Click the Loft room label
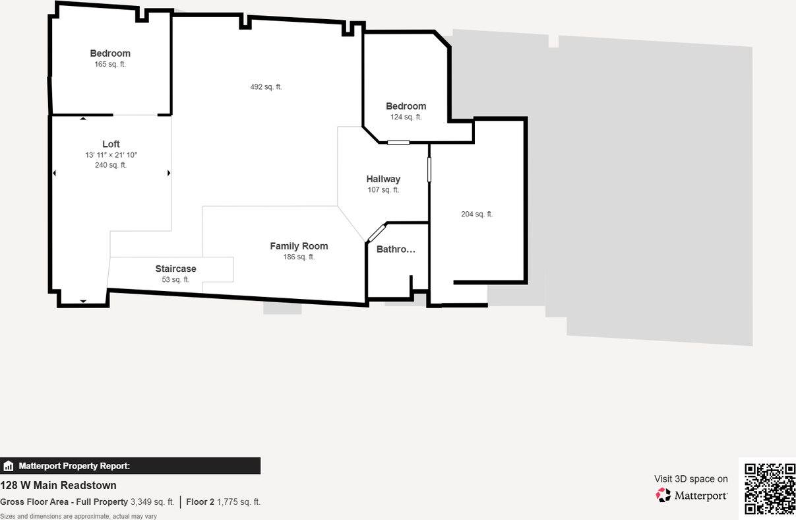(111, 145)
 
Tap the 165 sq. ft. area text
(110, 65)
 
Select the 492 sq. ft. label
(266, 87)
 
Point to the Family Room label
(299, 246)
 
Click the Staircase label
(175, 269)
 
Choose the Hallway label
(383, 179)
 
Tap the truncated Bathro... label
(396, 249)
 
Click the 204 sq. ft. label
(477, 214)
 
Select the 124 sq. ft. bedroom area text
(406, 117)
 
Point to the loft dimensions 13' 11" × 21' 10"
(111, 155)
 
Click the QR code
(770, 488)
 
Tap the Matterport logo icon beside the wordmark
(663, 496)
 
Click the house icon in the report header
(9, 466)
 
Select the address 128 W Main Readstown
(58, 485)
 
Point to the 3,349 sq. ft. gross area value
(152, 502)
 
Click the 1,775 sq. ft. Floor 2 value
(239, 502)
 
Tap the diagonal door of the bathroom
(376, 233)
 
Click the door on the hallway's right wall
(429, 169)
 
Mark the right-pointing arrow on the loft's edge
(169, 173)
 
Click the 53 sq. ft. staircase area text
(175, 280)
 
